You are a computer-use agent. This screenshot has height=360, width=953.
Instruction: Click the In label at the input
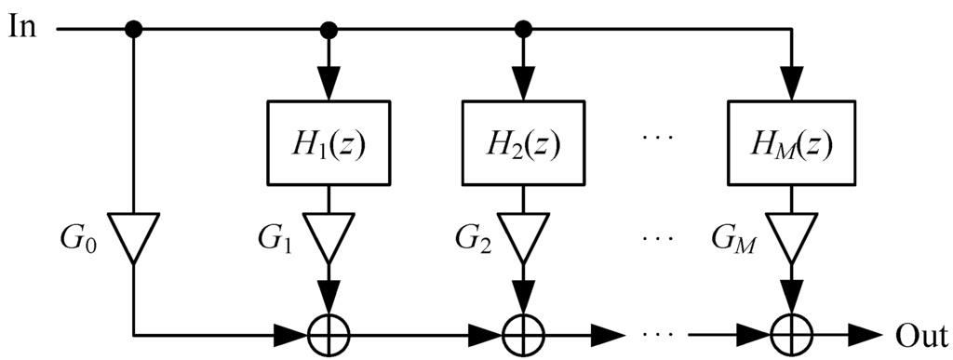[x=24, y=26]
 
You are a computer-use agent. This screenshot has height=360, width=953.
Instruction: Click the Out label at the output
[x=920, y=332]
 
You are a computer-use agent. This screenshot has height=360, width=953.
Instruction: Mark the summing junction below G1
[x=327, y=332]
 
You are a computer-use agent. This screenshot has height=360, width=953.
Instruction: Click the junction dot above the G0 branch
[x=134, y=30]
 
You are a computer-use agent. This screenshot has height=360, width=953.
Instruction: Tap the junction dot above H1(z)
[x=327, y=30]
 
